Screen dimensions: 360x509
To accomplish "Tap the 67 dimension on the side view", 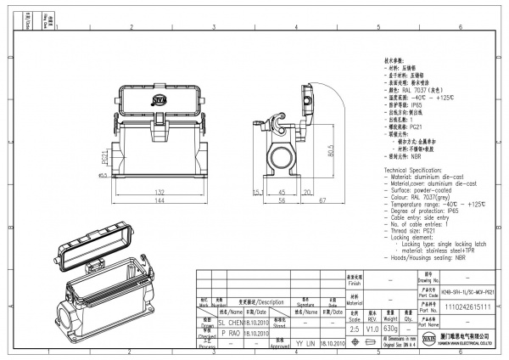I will pos(323,203).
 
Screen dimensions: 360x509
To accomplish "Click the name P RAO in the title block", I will pos(229,335).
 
